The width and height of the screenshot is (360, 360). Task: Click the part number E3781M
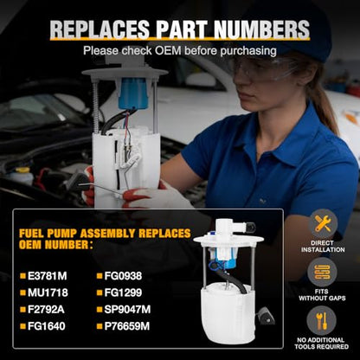point(48,276)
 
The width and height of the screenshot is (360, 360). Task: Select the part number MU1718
point(48,292)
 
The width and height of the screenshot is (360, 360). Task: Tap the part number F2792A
point(46,310)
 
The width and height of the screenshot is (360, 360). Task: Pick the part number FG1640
point(47,326)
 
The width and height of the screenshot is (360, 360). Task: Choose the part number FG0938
point(123,276)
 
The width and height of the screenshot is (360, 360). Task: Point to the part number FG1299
point(123,292)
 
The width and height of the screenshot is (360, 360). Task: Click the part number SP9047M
point(127,310)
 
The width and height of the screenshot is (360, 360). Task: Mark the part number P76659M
point(127,326)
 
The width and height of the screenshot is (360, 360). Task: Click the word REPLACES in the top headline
point(100,29)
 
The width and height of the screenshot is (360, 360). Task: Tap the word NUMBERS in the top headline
point(262,29)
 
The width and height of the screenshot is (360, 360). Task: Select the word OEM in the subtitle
point(168,51)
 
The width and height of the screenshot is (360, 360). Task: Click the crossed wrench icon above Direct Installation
point(323,223)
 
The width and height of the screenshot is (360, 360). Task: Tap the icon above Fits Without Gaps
point(322,272)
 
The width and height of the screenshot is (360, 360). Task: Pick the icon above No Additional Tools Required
point(322,321)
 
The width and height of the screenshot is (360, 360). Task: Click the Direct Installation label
point(323,247)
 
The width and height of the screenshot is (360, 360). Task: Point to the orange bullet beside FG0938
point(100,276)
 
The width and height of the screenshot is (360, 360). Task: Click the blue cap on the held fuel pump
point(133,93)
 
